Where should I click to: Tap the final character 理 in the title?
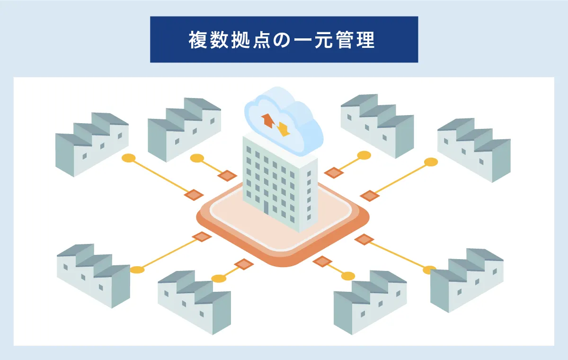pos(371,40)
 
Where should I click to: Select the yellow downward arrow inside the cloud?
pos(284,128)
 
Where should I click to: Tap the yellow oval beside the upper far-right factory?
pos(431,162)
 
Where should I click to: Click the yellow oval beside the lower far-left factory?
pos(137,270)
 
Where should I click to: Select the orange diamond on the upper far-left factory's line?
pos(194,195)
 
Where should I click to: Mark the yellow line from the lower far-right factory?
pos(398,256)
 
